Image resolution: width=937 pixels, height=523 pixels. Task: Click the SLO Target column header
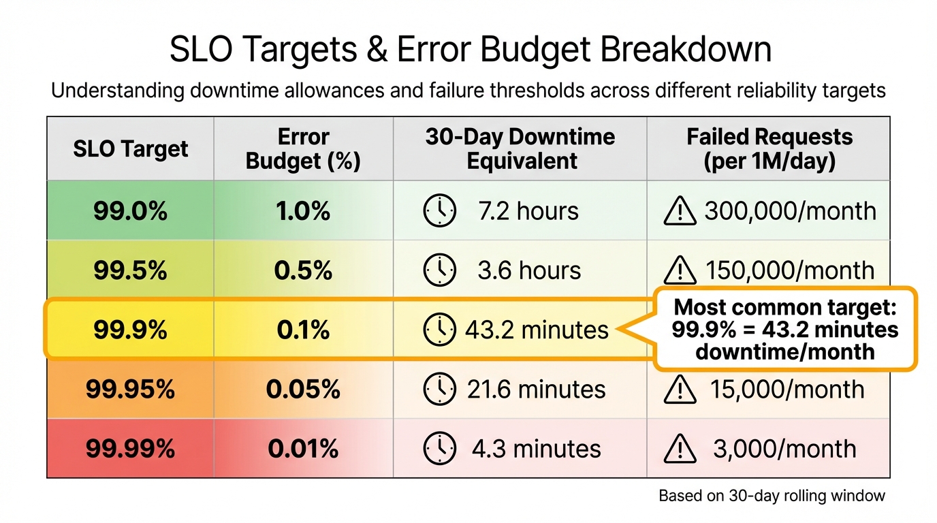click(130, 148)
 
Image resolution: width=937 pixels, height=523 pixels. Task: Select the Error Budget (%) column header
click(303, 148)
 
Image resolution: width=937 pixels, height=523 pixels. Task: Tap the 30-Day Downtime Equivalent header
click(520, 148)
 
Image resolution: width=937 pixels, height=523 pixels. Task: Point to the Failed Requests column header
click(769, 148)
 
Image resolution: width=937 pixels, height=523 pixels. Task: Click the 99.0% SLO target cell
click(130, 211)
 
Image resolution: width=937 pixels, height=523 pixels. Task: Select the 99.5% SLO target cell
click(130, 270)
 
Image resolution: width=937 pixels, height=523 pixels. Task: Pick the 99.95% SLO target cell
click(130, 390)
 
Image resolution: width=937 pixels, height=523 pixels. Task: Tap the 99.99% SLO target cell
click(130, 449)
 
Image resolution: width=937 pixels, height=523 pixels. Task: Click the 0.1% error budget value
click(303, 330)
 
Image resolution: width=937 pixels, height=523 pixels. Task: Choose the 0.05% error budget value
click(303, 390)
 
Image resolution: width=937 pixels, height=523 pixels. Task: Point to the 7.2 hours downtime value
click(528, 211)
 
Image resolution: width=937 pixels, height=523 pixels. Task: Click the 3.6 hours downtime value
click(529, 270)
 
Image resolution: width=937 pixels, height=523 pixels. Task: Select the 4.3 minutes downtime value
click(536, 449)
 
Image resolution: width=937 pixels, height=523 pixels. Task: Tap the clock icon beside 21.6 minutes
click(439, 390)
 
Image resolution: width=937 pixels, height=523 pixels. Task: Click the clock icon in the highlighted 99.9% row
click(439, 330)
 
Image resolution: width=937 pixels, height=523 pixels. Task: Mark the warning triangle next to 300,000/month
click(679, 212)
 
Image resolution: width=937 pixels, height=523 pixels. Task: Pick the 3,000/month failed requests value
click(784, 449)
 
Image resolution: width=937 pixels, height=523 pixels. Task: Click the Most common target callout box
click(784, 330)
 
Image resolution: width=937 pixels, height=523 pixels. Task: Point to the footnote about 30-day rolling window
click(772, 496)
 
